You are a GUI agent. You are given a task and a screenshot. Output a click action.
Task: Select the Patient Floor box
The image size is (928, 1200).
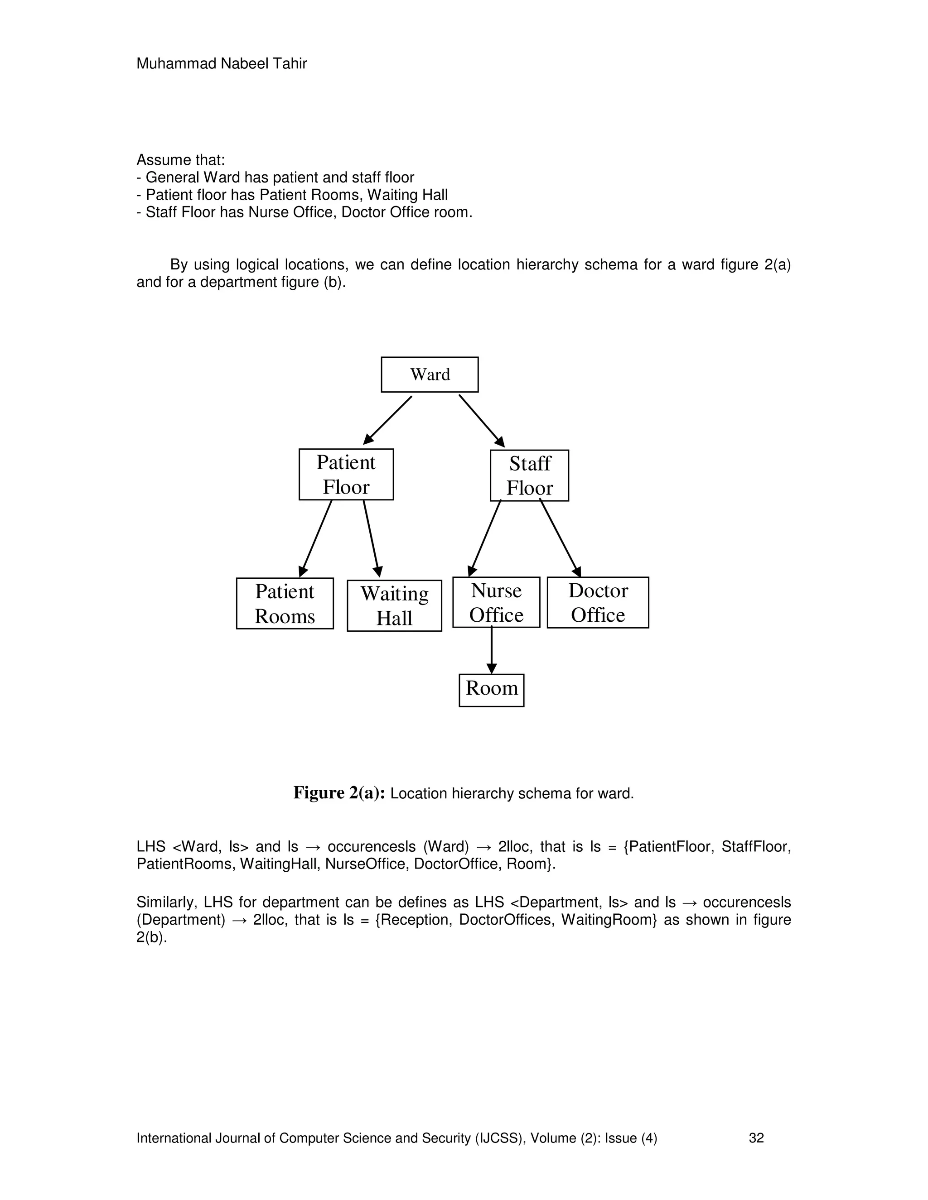click(346, 474)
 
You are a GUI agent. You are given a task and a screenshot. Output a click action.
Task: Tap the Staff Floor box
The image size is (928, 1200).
click(529, 475)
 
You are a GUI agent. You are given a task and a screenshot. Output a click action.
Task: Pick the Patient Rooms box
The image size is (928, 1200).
click(285, 603)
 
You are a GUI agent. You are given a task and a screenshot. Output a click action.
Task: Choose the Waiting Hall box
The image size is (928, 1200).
click(394, 605)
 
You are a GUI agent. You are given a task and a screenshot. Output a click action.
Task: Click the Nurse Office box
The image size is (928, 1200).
click(496, 602)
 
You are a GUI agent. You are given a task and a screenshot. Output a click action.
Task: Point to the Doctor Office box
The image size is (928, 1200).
click(598, 602)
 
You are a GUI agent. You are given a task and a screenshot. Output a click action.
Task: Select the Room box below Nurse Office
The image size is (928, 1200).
click(492, 690)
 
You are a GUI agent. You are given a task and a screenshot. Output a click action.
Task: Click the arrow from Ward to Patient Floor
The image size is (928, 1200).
click(387, 420)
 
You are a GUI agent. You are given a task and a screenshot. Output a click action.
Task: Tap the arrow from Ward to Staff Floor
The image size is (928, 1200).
click(482, 420)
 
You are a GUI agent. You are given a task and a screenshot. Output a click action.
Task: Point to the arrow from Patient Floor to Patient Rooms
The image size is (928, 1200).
click(316, 538)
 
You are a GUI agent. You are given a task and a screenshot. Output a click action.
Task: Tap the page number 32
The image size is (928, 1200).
click(756, 1138)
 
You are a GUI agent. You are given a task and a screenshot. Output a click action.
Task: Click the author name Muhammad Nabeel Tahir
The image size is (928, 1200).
click(222, 64)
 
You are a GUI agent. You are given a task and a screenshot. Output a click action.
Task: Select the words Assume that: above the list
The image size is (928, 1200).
click(181, 160)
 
